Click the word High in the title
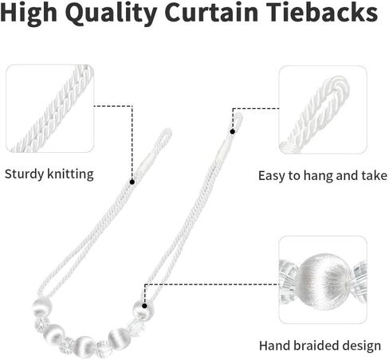pyautogui.click(x=29, y=13)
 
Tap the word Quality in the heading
pyautogui.click(x=112, y=14)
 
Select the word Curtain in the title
pyautogui.click(x=212, y=13)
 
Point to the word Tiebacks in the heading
pyautogui.click(x=322, y=12)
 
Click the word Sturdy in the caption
pyautogui.click(x=24, y=175)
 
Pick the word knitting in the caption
pyautogui.click(x=70, y=174)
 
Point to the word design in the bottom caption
pyautogui.click(x=362, y=346)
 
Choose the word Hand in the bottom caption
pyautogui.click(x=275, y=346)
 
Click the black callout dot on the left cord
pyautogui.click(x=132, y=182)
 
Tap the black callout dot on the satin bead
pyautogui.click(x=144, y=306)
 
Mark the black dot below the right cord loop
pyautogui.click(x=233, y=131)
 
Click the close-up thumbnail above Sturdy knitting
pyautogui.click(x=50, y=108)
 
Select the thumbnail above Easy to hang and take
pyautogui.click(x=323, y=110)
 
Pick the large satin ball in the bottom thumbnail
pyautogui.click(x=324, y=280)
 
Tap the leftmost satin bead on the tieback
pyautogui.click(x=41, y=307)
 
